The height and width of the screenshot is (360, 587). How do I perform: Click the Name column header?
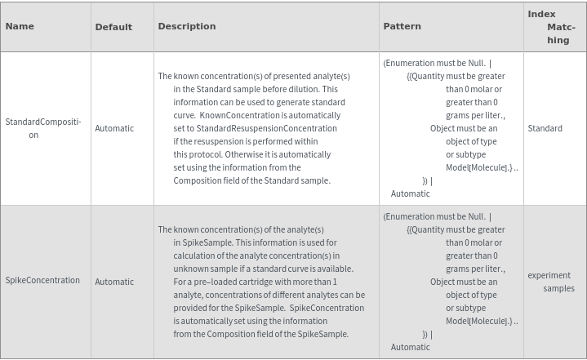pos(20,26)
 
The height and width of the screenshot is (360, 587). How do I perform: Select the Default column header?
pos(113,27)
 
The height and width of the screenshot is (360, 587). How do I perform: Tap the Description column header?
pos(187,26)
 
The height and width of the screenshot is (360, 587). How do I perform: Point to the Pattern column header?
pos(402,26)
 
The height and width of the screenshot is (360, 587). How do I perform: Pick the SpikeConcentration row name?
pos(42,281)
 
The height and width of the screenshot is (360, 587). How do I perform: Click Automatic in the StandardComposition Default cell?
pos(114,128)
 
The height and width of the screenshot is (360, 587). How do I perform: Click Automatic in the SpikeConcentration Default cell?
pos(114,282)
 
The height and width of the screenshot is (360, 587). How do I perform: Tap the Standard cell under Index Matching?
pos(545,128)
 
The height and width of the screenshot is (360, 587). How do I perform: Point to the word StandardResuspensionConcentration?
pos(260,128)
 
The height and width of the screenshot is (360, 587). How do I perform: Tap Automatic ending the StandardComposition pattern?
pos(411,193)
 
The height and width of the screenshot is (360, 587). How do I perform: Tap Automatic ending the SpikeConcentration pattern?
pos(411,347)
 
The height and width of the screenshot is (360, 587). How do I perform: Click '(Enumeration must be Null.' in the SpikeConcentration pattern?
pos(434,216)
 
